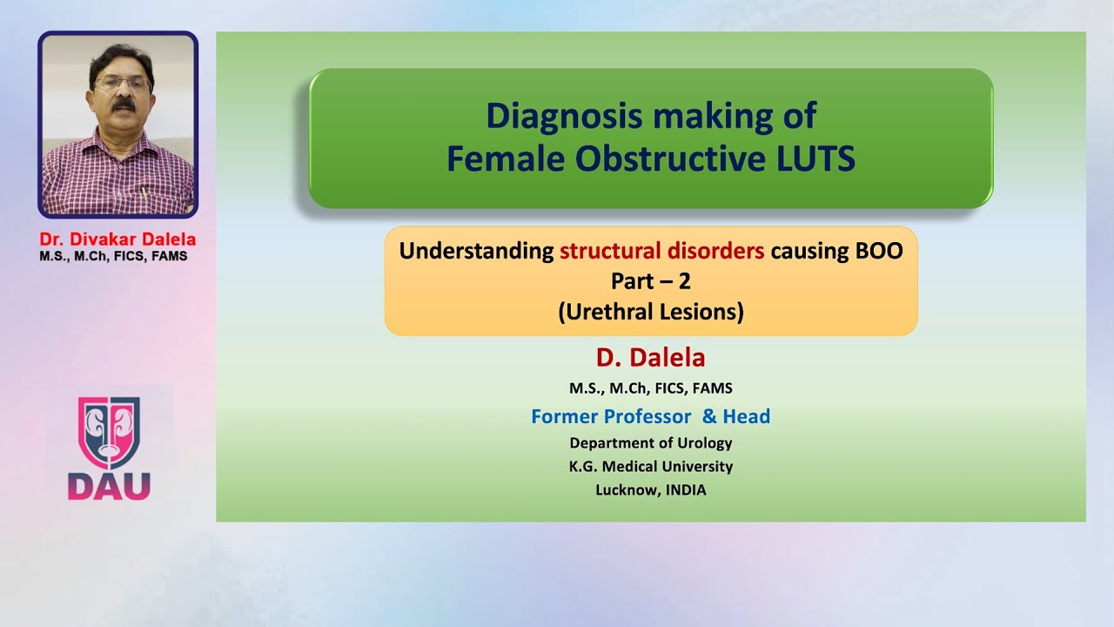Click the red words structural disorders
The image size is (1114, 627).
tap(661, 252)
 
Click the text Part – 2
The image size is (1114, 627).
tap(651, 281)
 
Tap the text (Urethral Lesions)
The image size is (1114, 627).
tap(651, 312)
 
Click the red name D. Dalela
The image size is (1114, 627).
tap(650, 358)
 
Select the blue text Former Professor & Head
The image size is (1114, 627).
tap(650, 416)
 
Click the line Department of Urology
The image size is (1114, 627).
tap(650, 442)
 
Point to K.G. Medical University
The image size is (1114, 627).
tap(650, 466)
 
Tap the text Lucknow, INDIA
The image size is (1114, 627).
tap(650, 489)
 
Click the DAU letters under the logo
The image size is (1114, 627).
tap(109, 486)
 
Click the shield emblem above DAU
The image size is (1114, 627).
tap(109, 433)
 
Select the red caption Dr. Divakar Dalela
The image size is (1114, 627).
tap(117, 239)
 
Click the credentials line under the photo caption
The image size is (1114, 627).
tap(113, 257)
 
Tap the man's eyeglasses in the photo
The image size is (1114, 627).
tap(122, 85)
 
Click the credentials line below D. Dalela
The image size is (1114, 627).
tap(650, 388)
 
